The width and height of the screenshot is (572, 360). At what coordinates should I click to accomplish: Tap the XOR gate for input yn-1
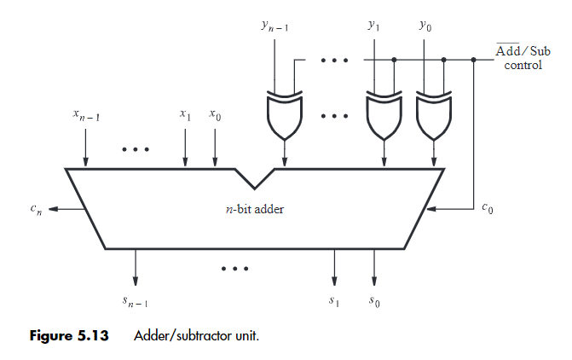[x=283, y=117]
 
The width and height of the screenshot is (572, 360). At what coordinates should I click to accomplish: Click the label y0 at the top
[x=425, y=26]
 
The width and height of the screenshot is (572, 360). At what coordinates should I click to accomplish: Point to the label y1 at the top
[x=373, y=26]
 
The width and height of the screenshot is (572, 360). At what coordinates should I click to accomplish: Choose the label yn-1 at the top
[x=274, y=27]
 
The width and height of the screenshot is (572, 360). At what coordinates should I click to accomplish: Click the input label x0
[x=215, y=113]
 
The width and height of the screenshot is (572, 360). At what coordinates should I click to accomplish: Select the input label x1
[x=185, y=113]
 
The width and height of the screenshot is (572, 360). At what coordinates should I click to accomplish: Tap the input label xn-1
[x=86, y=114]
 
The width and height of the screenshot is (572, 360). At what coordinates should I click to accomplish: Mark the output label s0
[x=374, y=300]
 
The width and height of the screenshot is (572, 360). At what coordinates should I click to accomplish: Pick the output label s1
[x=334, y=300]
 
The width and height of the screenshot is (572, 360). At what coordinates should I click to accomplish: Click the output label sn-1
[x=136, y=301]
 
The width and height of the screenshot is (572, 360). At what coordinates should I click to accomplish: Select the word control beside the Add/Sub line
[x=523, y=65]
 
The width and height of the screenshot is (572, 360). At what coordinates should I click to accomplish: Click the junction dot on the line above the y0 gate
[x=444, y=60]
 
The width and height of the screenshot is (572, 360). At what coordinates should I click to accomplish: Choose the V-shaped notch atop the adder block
[x=254, y=178]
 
